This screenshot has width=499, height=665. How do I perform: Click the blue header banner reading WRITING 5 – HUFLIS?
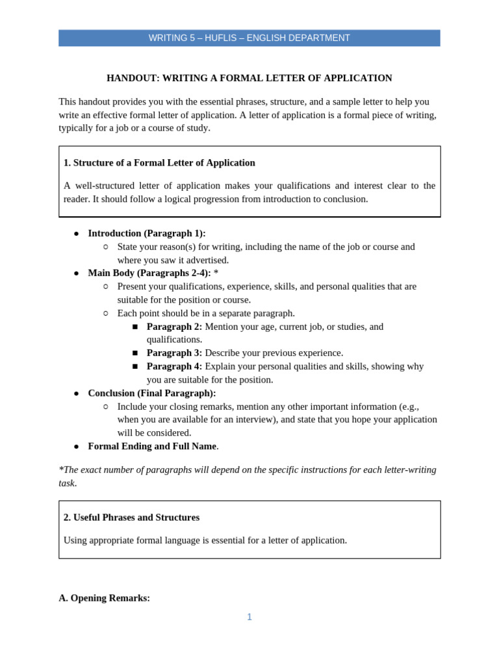click(249, 38)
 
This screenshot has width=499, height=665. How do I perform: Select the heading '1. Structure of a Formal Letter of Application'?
click(159, 162)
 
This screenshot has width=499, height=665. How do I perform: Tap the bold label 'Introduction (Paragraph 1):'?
click(147, 233)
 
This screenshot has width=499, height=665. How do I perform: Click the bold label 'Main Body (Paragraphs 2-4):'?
click(149, 273)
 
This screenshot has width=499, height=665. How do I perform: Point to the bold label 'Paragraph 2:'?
click(174, 327)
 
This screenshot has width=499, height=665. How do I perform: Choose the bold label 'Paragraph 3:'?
click(174, 353)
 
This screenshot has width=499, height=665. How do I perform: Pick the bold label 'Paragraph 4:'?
click(174, 366)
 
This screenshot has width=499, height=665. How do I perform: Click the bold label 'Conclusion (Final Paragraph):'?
click(152, 393)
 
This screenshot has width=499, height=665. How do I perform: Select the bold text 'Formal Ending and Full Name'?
click(152, 446)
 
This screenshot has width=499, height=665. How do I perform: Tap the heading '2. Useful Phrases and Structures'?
click(131, 518)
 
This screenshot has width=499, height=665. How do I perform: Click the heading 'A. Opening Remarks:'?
click(104, 598)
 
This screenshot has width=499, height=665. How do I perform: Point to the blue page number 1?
click(249, 617)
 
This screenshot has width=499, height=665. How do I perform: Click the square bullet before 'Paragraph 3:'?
click(135, 353)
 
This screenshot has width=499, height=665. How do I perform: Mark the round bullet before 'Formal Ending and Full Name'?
click(76, 447)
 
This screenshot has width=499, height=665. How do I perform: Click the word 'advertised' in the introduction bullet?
click(207, 260)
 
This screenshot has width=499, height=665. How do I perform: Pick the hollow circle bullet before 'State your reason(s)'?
click(106, 247)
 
